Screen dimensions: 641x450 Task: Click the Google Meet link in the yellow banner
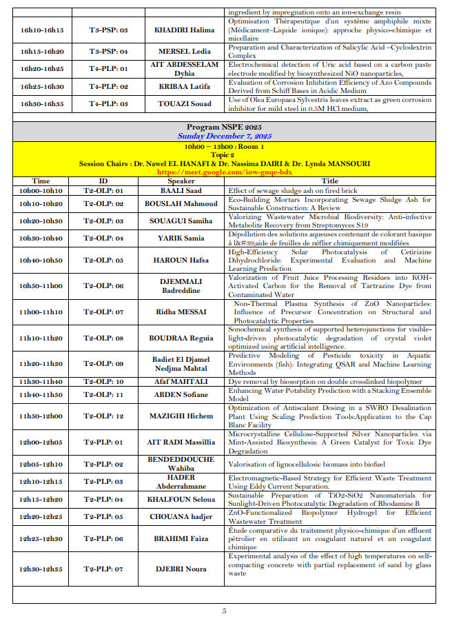click(x=224, y=172)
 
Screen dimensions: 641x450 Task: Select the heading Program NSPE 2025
click(x=224, y=128)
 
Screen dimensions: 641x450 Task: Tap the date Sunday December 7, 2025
click(x=224, y=136)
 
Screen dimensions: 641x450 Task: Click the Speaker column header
click(x=181, y=181)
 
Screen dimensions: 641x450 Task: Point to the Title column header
click(x=330, y=181)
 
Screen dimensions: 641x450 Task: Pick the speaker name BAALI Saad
click(x=181, y=190)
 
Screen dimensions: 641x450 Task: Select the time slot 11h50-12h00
click(x=41, y=416)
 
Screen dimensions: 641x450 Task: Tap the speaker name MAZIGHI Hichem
click(x=181, y=416)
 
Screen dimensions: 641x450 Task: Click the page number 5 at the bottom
click(x=224, y=611)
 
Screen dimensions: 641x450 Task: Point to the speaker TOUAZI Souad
click(x=181, y=103)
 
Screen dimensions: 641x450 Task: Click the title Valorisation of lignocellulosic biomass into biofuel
click(x=307, y=464)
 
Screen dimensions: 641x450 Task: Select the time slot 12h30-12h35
click(x=41, y=569)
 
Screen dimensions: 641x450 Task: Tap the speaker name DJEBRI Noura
click(x=181, y=569)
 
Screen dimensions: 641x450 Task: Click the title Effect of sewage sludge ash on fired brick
click(x=294, y=190)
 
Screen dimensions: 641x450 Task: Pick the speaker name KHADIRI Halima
click(x=181, y=30)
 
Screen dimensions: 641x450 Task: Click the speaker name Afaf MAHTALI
click(x=181, y=381)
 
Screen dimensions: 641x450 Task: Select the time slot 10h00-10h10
click(x=41, y=190)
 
